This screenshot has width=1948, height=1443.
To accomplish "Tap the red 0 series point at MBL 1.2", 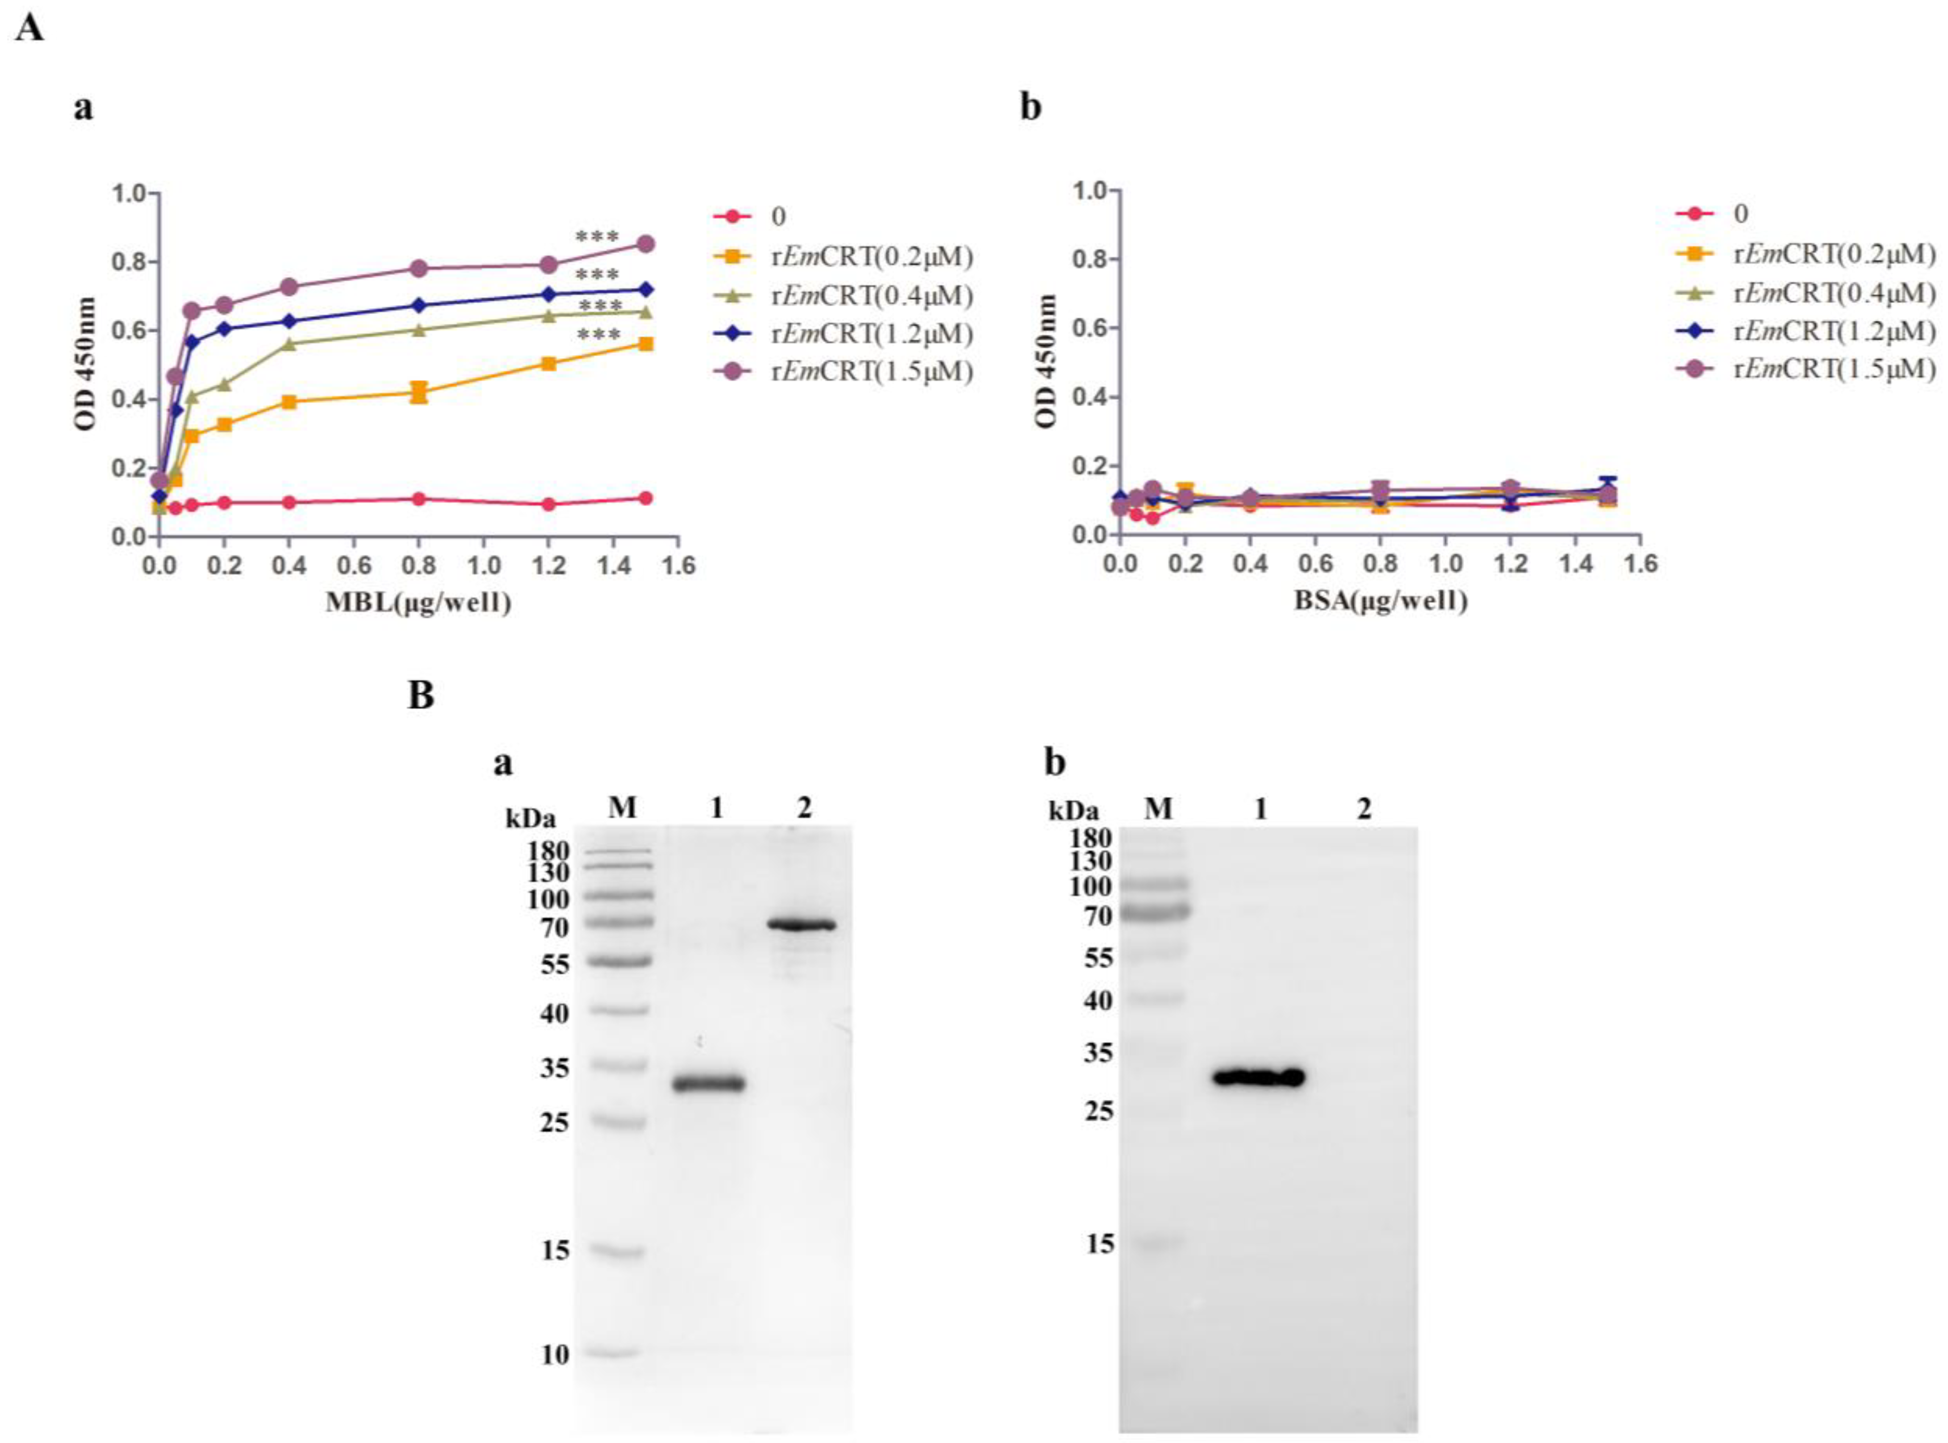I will click(548, 504).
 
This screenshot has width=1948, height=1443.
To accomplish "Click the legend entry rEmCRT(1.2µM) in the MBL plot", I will click(871, 334).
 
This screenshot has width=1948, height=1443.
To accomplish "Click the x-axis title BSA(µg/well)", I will click(1380, 600).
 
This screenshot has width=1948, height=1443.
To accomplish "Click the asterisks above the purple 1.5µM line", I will click(597, 237).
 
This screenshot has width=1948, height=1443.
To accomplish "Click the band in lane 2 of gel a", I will click(802, 924).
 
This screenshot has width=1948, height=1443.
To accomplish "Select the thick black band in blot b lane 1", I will click(1259, 1077).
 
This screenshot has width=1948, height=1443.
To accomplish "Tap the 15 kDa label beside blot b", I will click(1100, 1244).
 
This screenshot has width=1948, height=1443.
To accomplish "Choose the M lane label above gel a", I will click(622, 808).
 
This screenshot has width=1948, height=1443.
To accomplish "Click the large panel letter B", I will click(421, 696).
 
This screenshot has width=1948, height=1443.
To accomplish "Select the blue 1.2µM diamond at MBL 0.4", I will click(289, 321).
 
